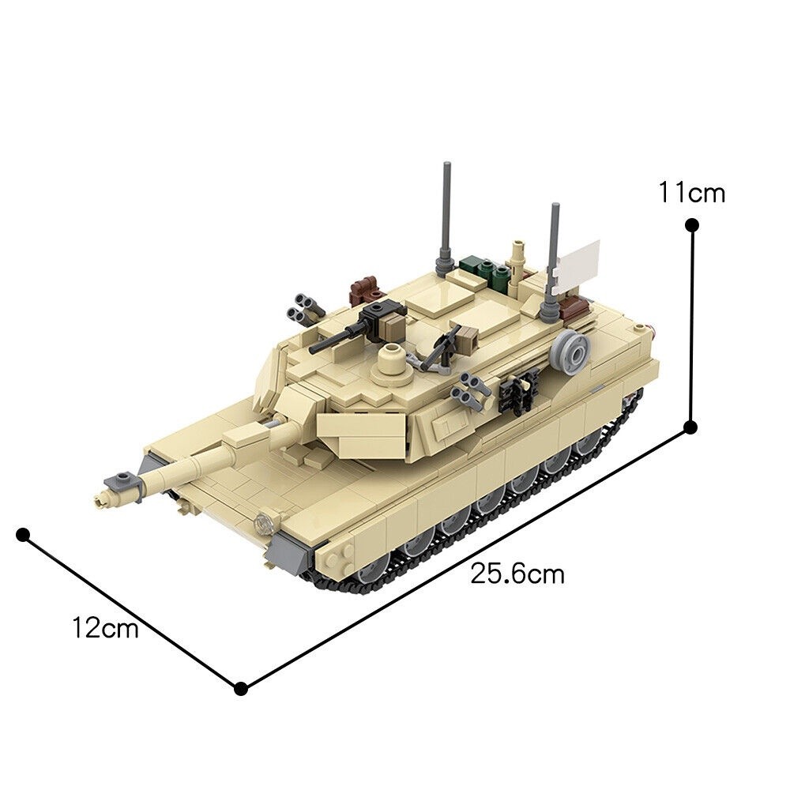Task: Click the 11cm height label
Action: (x=692, y=192)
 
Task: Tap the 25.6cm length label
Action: (x=517, y=574)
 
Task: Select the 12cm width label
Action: (x=105, y=629)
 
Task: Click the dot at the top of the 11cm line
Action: (x=692, y=225)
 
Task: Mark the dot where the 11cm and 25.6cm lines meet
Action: (x=690, y=427)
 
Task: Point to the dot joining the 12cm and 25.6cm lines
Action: (x=242, y=688)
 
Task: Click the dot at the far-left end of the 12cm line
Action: (x=23, y=535)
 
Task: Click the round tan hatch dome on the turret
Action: (x=390, y=359)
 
